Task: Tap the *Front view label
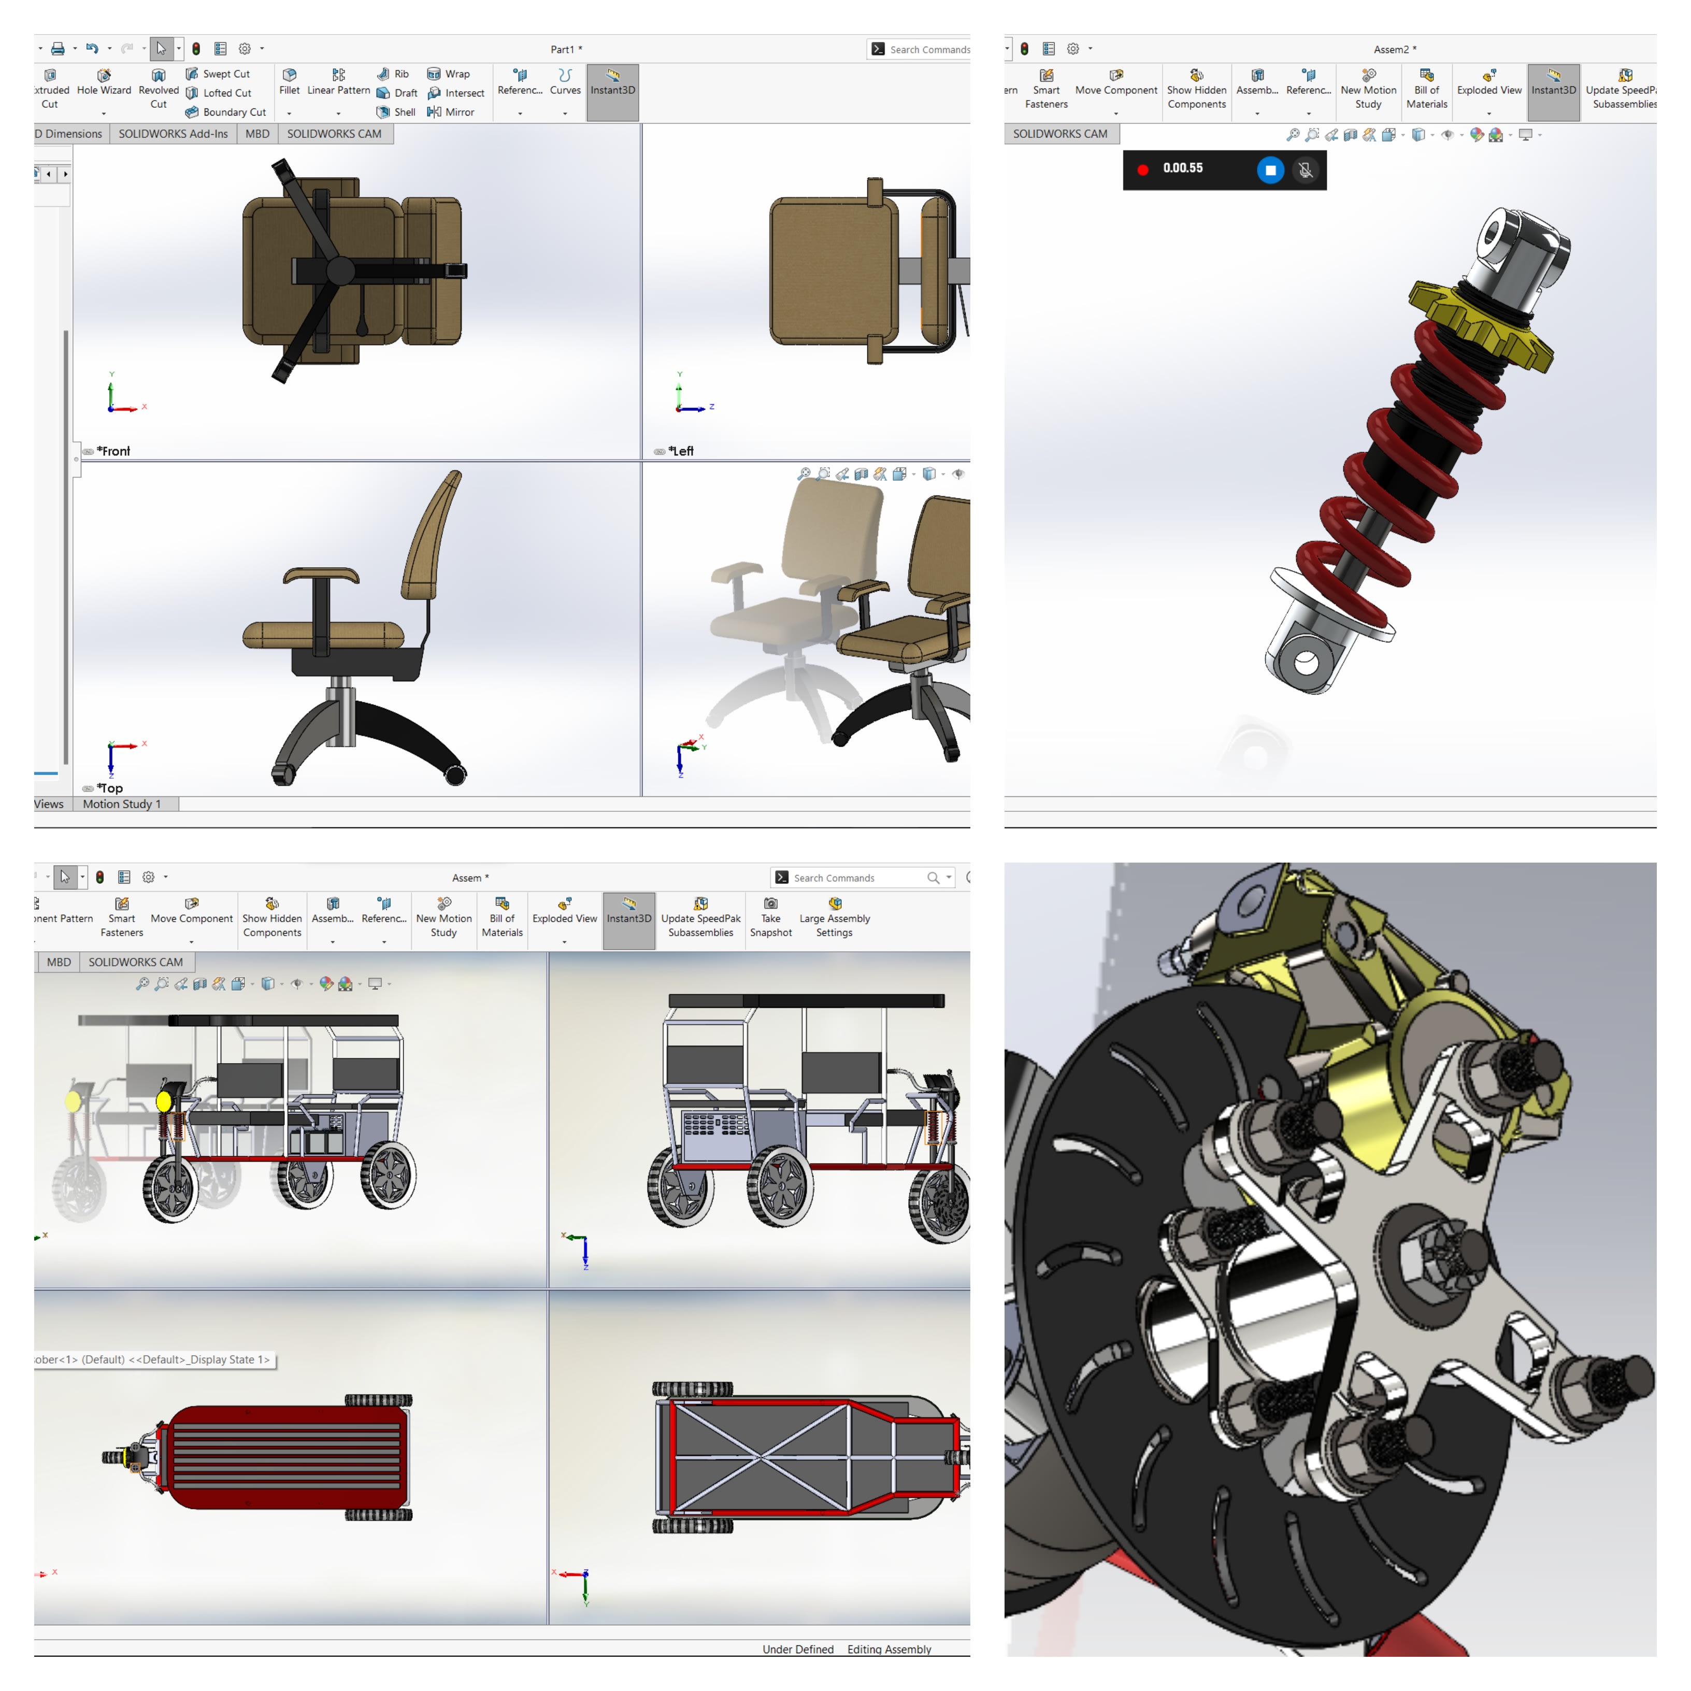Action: [x=114, y=451]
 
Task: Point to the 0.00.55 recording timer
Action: [x=1182, y=168]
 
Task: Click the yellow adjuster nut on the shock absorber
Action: [x=1481, y=324]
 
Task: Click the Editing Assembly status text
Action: [x=889, y=1649]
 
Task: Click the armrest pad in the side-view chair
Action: [x=321, y=575]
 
